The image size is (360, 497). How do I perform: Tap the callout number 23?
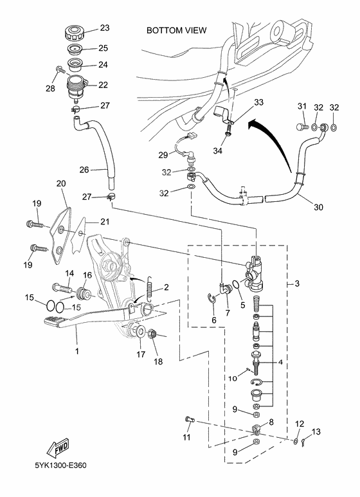104,28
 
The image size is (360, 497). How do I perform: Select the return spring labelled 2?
150,289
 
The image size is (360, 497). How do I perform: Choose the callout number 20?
62,184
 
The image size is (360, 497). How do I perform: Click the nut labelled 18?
154,335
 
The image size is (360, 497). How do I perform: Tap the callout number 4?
280,362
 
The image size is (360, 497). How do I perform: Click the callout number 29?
164,154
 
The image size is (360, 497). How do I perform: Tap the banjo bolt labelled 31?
303,127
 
